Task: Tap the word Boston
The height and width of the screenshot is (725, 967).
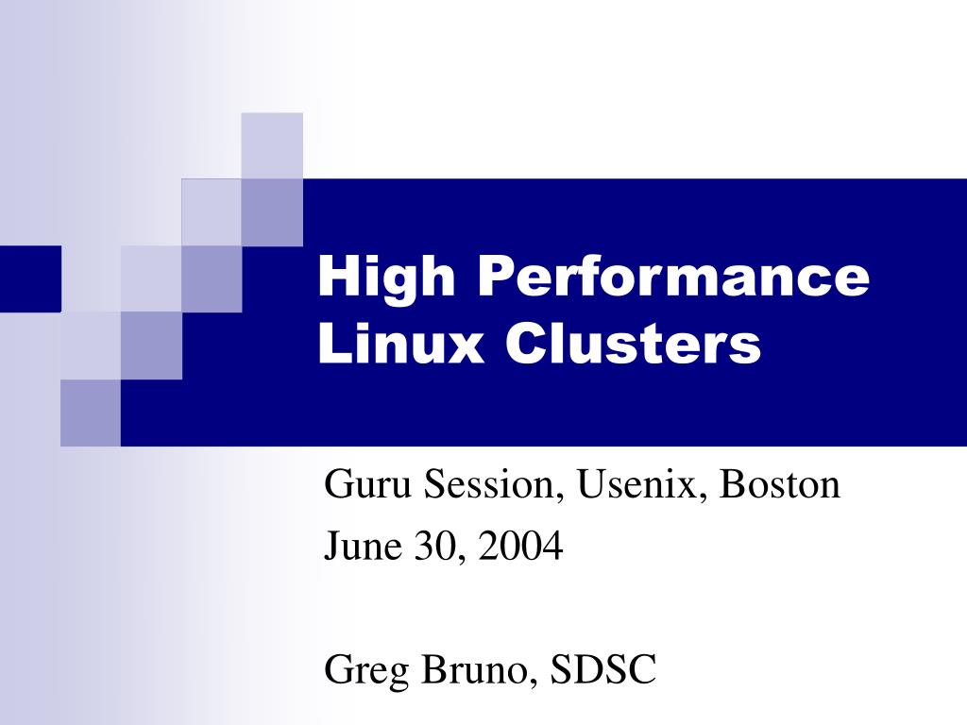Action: (780, 485)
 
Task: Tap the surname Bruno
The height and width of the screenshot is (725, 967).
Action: (475, 670)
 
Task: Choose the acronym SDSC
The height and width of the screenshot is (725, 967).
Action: (603, 670)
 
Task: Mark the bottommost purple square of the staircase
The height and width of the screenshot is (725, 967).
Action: (91, 413)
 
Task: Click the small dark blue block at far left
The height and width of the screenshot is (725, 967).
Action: (30, 278)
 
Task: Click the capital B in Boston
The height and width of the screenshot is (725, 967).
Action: (733, 485)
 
